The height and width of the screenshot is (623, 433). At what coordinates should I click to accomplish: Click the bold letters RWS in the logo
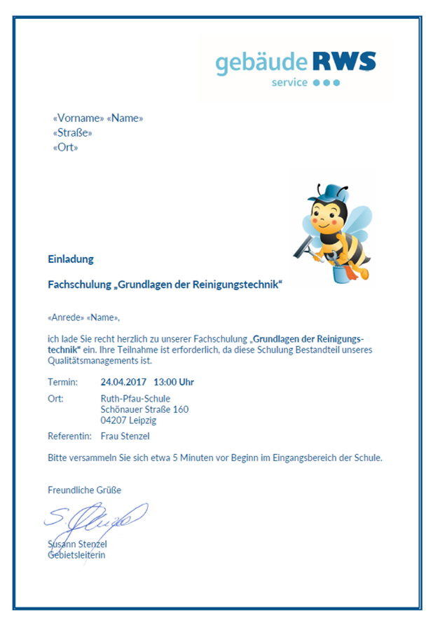(344, 62)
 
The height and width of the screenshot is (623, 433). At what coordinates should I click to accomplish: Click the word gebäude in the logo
(261, 64)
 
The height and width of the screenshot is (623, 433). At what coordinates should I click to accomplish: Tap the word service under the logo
(289, 83)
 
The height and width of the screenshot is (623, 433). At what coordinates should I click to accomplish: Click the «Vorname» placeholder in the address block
(78, 118)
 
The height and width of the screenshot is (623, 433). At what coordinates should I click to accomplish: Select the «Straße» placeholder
(73, 133)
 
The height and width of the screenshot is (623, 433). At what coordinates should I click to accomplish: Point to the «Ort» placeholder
(66, 148)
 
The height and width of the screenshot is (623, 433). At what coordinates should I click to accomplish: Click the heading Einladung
(71, 259)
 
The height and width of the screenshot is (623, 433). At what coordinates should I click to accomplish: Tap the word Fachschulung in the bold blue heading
(79, 285)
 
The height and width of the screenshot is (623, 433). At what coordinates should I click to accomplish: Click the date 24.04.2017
(123, 383)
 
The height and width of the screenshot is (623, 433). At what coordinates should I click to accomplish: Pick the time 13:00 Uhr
(174, 383)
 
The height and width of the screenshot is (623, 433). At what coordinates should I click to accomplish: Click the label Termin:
(63, 383)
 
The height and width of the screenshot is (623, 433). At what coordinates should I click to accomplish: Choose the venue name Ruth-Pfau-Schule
(135, 399)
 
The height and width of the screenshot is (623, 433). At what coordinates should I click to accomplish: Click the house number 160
(180, 409)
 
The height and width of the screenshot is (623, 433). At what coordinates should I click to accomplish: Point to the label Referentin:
(69, 436)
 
